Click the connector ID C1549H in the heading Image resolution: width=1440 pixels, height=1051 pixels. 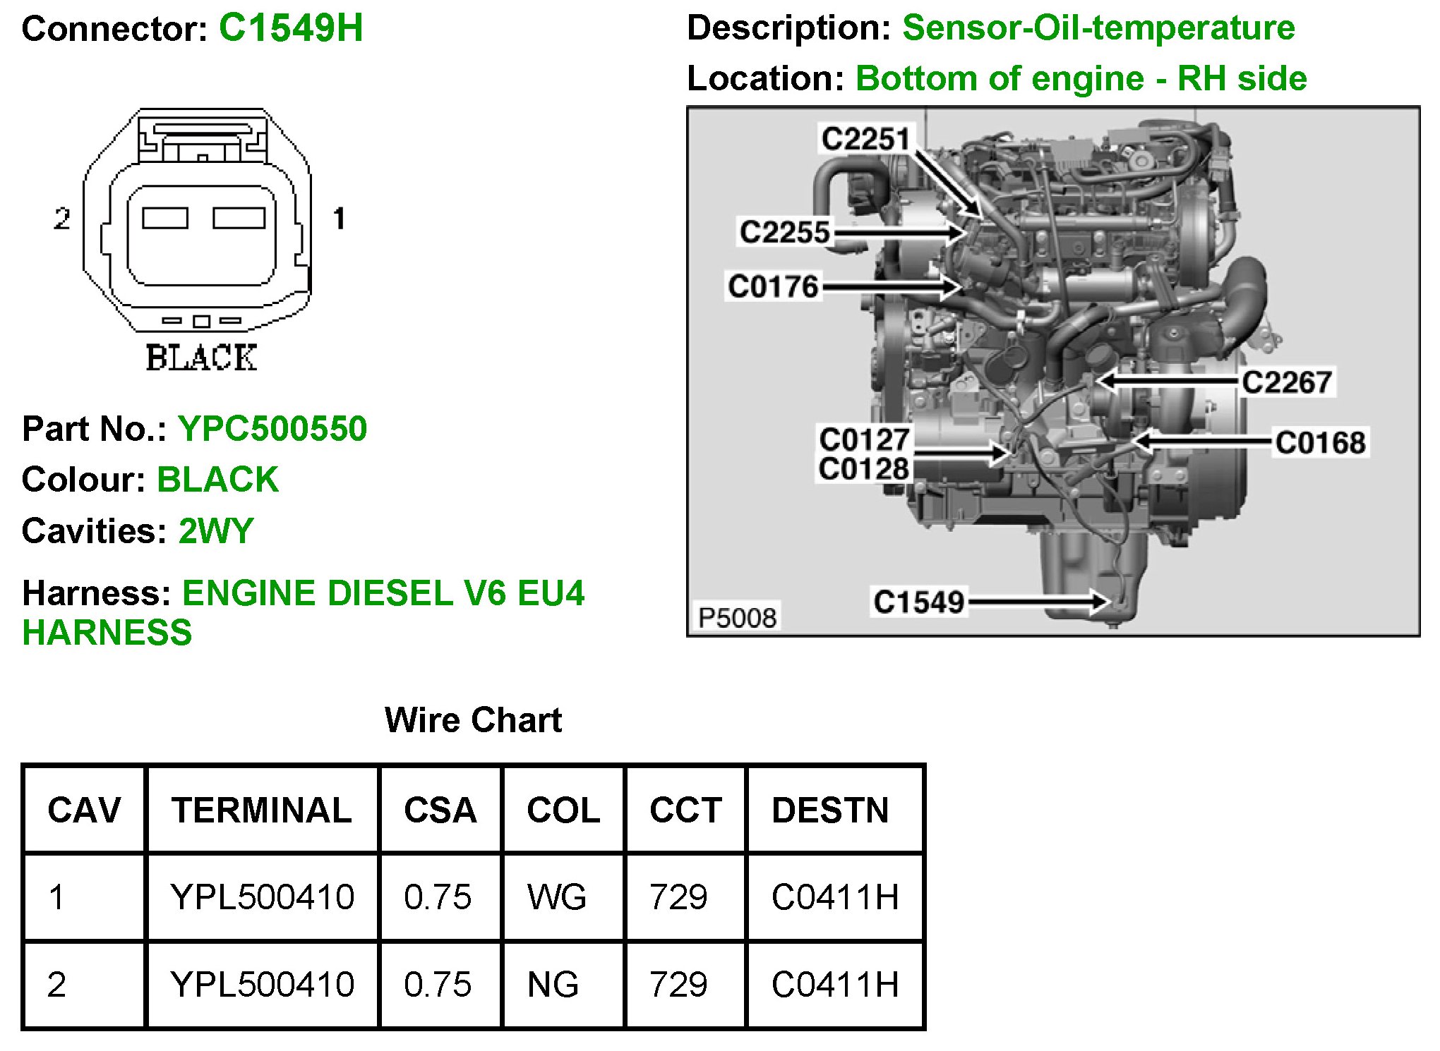(x=291, y=29)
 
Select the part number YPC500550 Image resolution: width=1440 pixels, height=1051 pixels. (x=272, y=429)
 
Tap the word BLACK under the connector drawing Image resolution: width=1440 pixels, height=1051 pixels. (x=201, y=358)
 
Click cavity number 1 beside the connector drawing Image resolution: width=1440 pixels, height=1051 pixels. (x=339, y=219)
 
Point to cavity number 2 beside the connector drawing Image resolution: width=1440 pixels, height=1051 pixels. (x=62, y=219)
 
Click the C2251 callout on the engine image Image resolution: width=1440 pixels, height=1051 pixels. (x=865, y=138)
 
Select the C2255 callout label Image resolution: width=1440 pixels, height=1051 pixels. (x=784, y=232)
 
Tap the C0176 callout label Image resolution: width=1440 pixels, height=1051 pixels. (x=773, y=286)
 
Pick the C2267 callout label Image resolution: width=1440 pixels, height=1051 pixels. (x=1286, y=382)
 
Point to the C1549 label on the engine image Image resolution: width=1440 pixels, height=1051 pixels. (x=918, y=602)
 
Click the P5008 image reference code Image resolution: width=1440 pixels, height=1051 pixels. (x=737, y=618)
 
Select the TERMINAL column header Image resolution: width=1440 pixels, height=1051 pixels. (x=261, y=810)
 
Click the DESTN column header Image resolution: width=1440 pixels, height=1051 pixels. (x=830, y=810)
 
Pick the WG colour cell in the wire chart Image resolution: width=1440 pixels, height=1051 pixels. (x=557, y=897)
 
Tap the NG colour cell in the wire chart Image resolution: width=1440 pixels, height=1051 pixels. (x=553, y=985)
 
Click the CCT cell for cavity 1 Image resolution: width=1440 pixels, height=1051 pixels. (x=678, y=897)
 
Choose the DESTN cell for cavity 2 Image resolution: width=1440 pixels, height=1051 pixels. (x=835, y=985)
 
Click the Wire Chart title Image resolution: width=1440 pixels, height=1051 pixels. (x=473, y=720)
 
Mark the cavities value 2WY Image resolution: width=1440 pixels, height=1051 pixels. (x=216, y=531)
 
